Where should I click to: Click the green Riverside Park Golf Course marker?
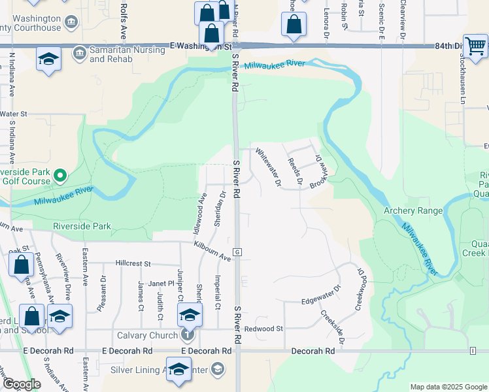[x=60, y=174]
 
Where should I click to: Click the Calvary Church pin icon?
[x=188, y=335]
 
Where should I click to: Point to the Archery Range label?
[x=413, y=210]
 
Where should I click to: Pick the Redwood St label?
[x=263, y=328]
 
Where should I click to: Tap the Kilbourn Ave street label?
[x=212, y=251]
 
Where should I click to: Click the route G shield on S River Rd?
[x=239, y=252]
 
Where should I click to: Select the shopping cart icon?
[x=475, y=46]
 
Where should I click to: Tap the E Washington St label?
[x=200, y=46]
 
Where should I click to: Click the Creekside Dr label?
[x=332, y=327]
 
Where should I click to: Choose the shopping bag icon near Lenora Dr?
[x=294, y=24]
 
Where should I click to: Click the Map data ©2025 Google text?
[x=448, y=387]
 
